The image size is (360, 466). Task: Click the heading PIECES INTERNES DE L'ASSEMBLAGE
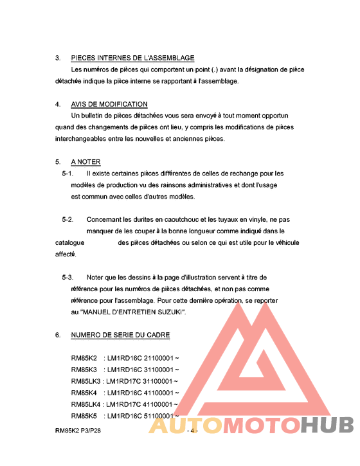coord(132,58)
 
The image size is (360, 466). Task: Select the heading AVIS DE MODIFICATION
coord(109,104)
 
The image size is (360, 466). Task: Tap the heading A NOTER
coord(85,162)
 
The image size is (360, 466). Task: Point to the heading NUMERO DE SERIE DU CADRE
coord(120,336)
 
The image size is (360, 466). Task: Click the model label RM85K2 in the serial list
coord(84,358)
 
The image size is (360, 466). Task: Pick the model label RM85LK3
coord(85,381)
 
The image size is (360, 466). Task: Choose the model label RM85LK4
coord(85,404)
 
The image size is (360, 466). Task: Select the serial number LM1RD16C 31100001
coord(140,370)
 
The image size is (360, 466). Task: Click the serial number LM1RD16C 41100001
coord(140,393)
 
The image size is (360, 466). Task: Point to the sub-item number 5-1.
coord(67,174)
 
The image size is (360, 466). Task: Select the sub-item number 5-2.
coord(67,220)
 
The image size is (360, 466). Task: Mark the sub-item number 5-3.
coord(67,278)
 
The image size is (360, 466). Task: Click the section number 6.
coord(57,336)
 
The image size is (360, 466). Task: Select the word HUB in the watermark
coord(328,425)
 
